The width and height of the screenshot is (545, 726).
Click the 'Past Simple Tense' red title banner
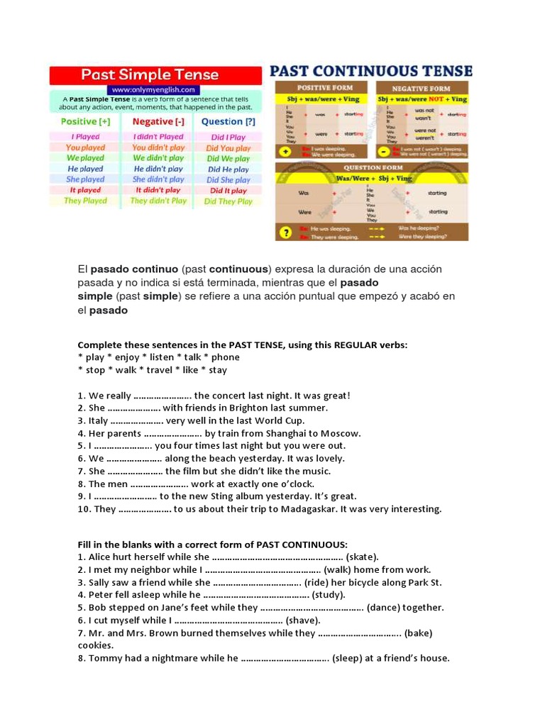[x=150, y=75]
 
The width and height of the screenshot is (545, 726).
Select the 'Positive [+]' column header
[x=85, y=122]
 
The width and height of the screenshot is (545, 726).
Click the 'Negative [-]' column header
[x=158, y=122]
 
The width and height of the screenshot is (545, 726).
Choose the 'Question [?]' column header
[x=228, y=122]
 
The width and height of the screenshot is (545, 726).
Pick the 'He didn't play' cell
[x=158, y=169]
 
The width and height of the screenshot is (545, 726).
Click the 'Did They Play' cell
[x=228, y=201]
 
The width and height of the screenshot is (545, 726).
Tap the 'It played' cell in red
[x=85, y=190]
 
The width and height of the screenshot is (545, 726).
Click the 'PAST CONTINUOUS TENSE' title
[x=371, y=71]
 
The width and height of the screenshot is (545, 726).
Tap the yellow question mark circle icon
[x=285, y=231]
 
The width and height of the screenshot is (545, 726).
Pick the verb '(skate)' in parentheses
[x=362, y=557]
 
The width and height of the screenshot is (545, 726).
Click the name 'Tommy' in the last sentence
[x=104, y=658]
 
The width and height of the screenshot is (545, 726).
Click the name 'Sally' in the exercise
[x=101, y=582]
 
